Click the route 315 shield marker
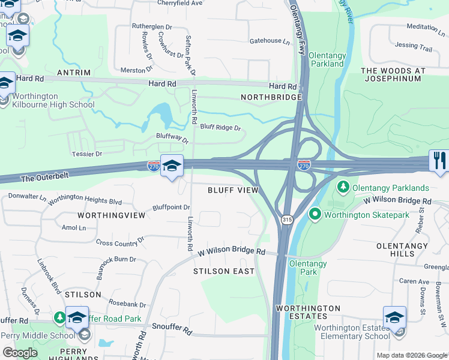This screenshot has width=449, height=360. coord(287,220)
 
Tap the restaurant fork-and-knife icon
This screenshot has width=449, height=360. coord(439,160)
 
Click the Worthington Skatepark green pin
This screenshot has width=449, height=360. coord(315,214)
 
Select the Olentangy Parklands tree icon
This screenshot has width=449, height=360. coord(343,187)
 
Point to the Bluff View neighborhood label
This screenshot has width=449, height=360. coord(233,190)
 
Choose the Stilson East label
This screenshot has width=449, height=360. coord(224,271)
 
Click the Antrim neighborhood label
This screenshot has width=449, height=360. coord(73,73)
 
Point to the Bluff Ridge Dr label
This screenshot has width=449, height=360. coord(220,127)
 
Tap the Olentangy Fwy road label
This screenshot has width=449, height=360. coord(300,30)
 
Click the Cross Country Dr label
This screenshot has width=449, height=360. coord(120,242)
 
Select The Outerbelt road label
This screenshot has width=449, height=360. coord(46,178)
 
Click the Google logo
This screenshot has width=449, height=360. coord(20,353)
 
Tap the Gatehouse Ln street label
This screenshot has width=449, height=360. coord(270,41)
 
